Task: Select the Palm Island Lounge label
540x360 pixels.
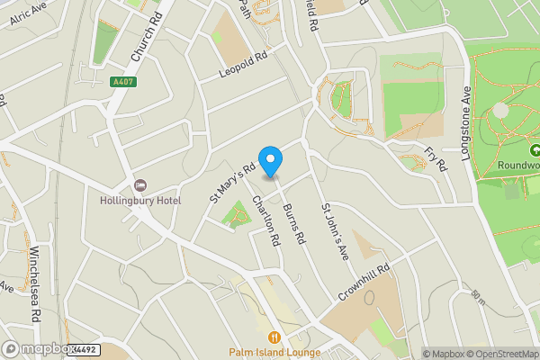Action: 274,352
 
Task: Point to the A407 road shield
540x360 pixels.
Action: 123,82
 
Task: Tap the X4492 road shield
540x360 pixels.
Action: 83,349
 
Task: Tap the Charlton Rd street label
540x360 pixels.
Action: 266,220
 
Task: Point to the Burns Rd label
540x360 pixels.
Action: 294,221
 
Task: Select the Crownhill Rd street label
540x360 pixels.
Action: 364,282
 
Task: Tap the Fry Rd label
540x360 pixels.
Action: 436,159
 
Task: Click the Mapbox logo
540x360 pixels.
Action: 36,348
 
